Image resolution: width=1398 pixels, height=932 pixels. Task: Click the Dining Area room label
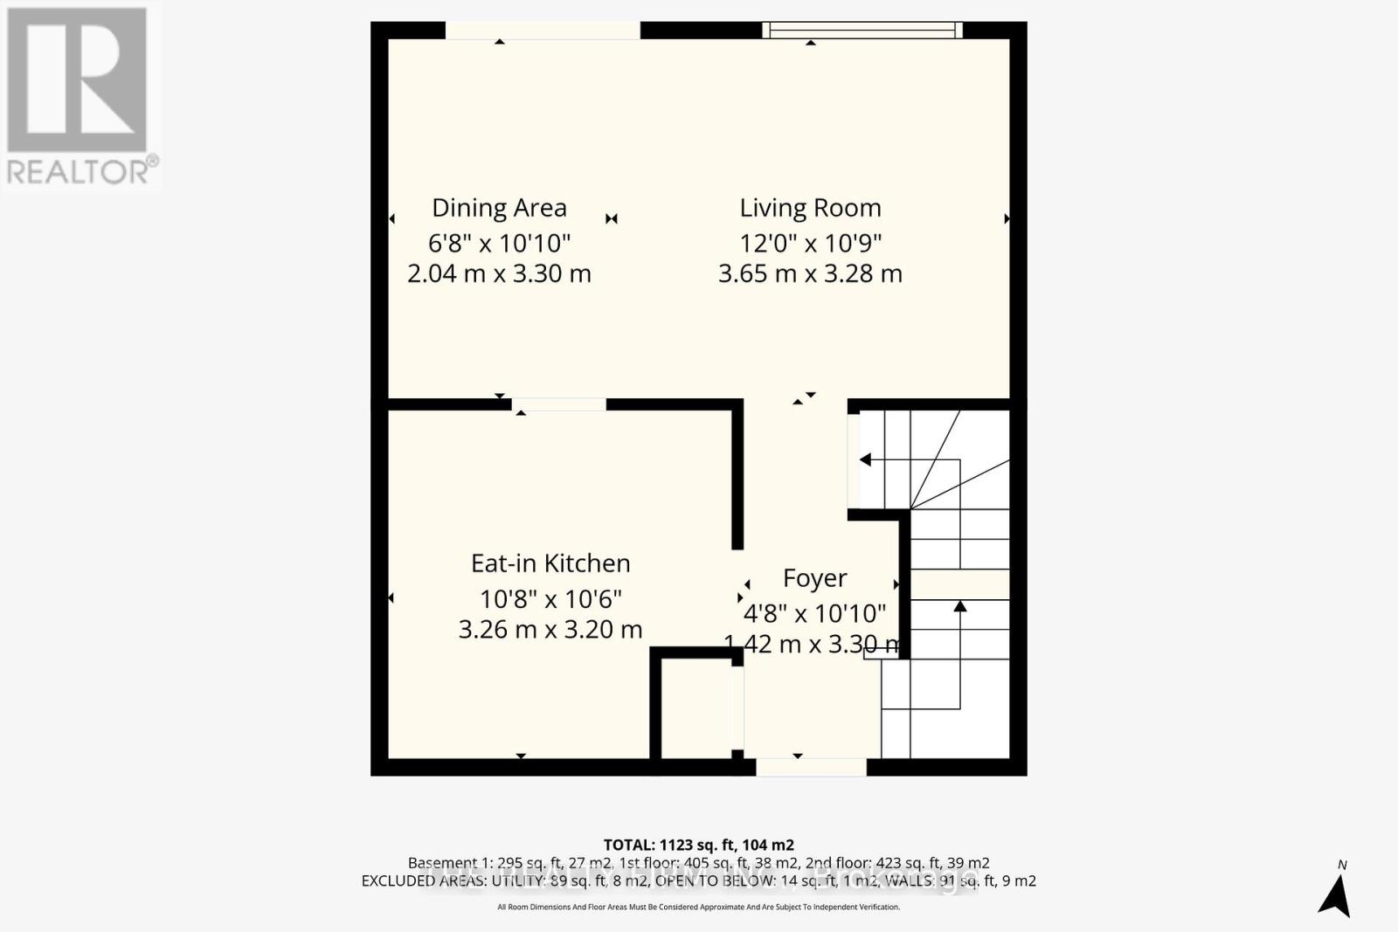(x=499, y=208)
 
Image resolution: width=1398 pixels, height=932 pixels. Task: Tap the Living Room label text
(x=810, y=208)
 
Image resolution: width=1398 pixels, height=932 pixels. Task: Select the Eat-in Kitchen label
(x=550, y=563)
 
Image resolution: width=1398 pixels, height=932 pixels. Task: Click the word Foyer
(x=814, y=578)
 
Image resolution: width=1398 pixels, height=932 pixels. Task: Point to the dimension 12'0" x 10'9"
(x=810, y=243)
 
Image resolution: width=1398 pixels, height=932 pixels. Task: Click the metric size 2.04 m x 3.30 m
(x=499, y=273)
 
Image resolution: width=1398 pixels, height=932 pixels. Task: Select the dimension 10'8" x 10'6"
(x=550, y=599)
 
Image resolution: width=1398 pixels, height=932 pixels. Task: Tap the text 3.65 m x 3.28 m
(x=810, y=273)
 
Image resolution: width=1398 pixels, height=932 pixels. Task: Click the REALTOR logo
(x=80, y=95)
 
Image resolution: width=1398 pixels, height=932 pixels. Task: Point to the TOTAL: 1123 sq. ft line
(x=698, y=845)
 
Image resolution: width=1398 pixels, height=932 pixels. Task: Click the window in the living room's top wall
(x=862, y=31)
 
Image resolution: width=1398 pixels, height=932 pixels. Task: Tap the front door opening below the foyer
(x=811, y=767)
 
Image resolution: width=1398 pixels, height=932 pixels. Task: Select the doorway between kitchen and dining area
(x=559, y=404)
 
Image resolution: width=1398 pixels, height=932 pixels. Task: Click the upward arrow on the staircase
(x=959, y=606)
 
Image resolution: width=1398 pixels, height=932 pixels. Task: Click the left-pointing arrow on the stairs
(x=865, y=459)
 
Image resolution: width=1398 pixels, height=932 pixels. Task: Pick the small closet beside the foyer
(x=696, y=708)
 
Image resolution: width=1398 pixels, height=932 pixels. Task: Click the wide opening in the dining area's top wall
(x=543, y=31)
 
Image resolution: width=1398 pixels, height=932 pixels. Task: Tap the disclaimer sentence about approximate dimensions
(x=698, y=908)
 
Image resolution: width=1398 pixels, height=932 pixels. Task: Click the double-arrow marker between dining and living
(x=612, y=218)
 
